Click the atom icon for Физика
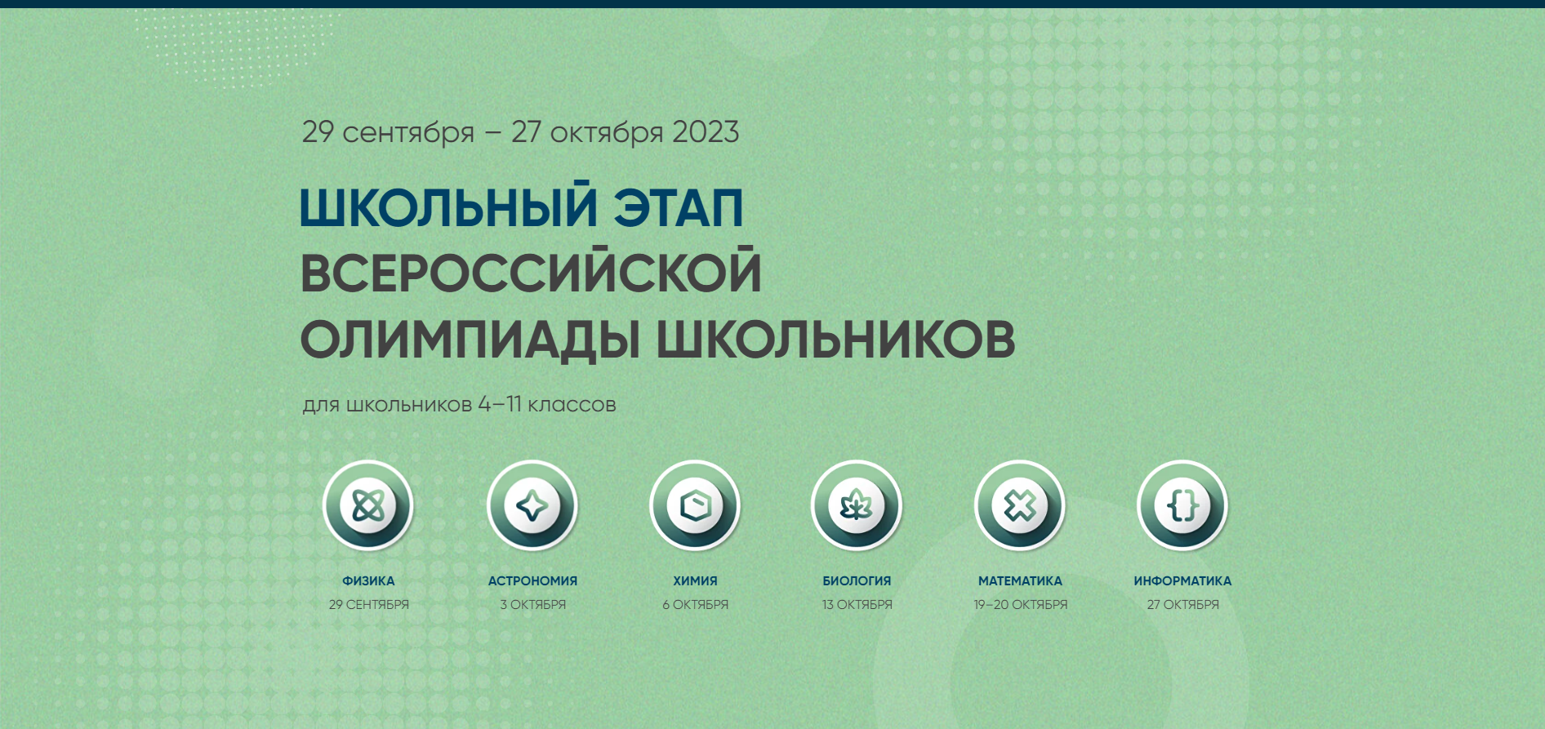point(368,506)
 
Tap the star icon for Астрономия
point(532,506)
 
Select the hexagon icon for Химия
point(695,506)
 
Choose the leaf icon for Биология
point(857,506)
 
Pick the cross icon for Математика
point(1020,506)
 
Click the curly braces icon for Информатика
point(1182,506)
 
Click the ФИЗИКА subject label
point(368,581)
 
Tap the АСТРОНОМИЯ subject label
point(532,581)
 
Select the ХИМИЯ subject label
point(695,581)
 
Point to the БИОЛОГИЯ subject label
point(857,581)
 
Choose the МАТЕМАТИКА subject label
point(1020,581)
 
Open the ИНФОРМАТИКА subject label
point(1182,581)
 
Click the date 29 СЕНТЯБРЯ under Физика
point(369,605)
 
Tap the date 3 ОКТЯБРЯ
point(532,605)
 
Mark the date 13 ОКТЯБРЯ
point(857,605)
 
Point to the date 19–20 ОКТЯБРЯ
point(1020,605)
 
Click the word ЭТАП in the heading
point(679,207)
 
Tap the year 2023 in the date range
point(706,132)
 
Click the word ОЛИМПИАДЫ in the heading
point(470,339)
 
